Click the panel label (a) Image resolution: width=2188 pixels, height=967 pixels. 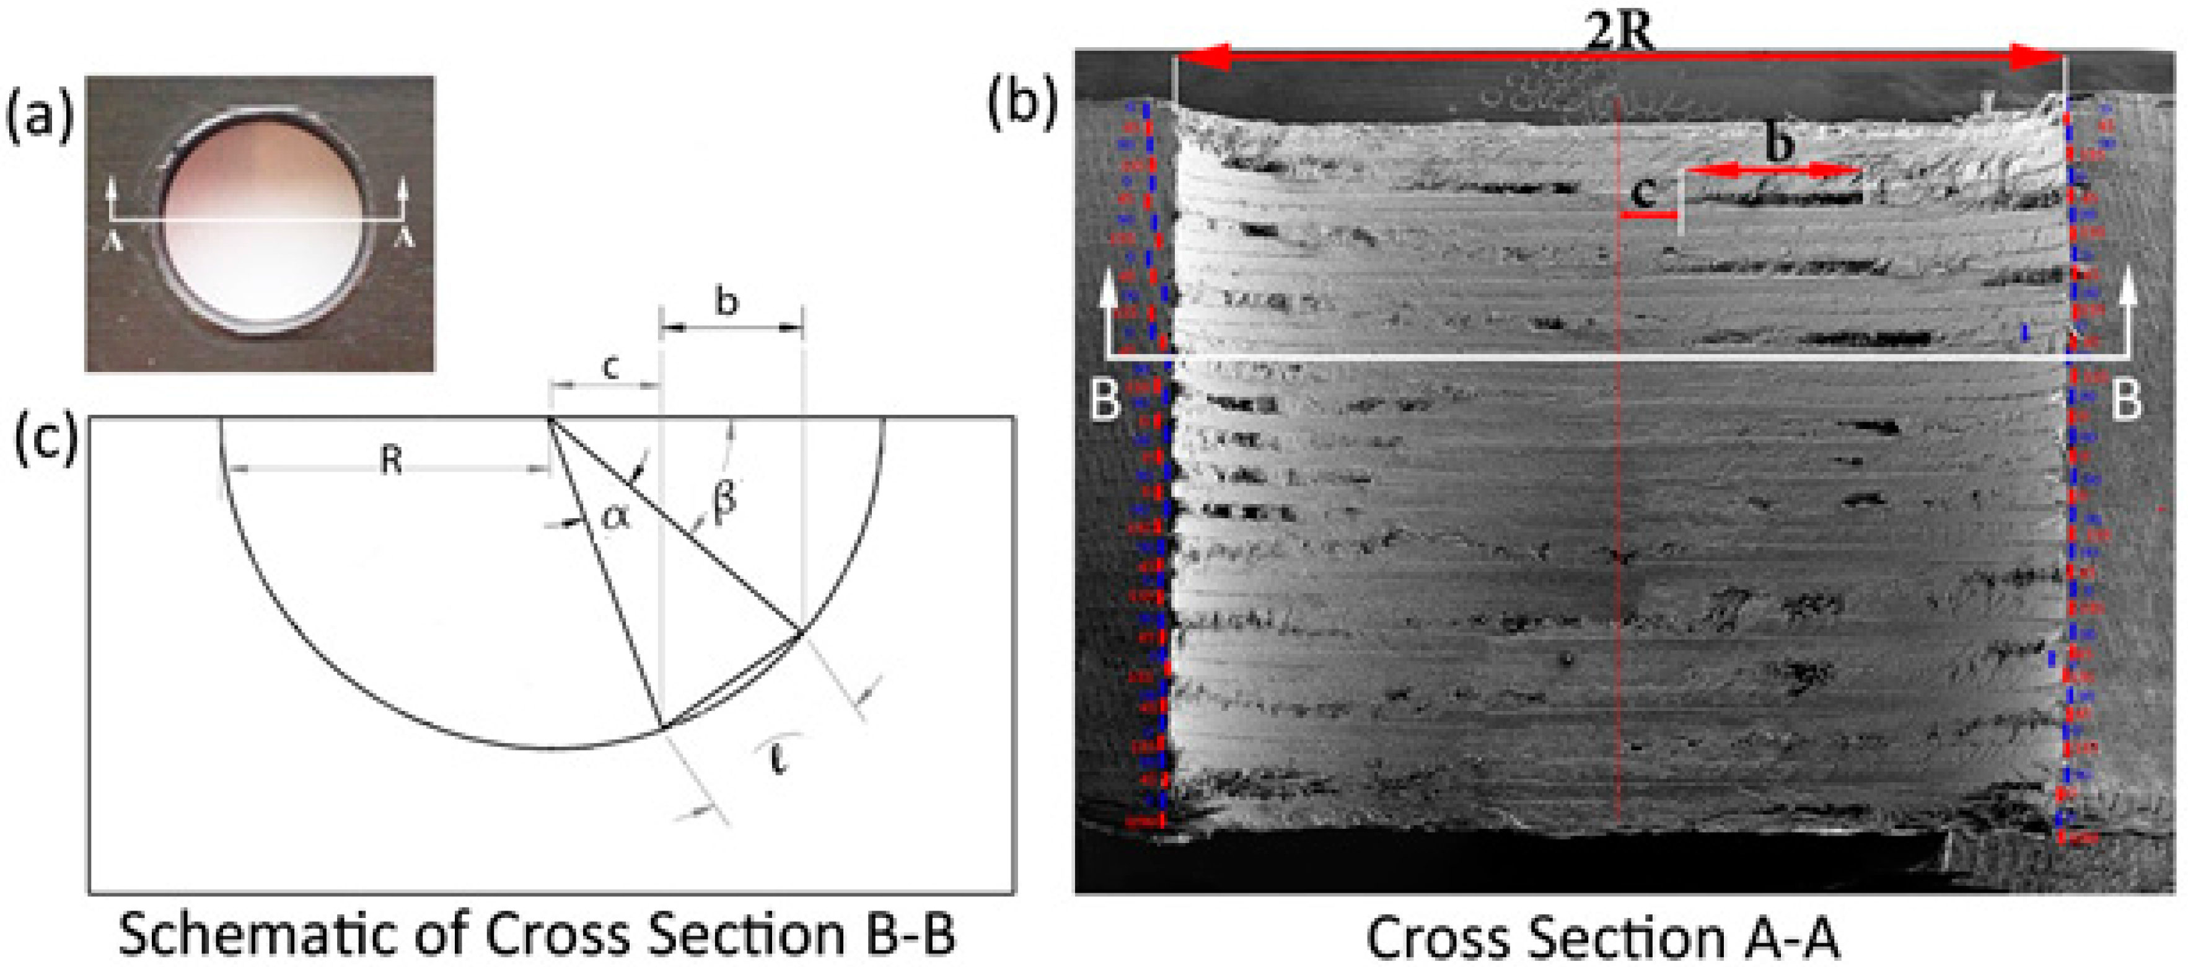tap(40, 117)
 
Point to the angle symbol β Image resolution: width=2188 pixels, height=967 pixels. tap(724, 497)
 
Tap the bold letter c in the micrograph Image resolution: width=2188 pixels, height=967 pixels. tap(1645, 194)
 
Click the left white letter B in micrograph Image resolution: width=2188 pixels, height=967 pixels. tap(1104, 399)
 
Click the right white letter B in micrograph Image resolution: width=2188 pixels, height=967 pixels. tap(2126, 399)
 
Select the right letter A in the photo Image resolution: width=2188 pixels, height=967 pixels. tap(405, 239)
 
